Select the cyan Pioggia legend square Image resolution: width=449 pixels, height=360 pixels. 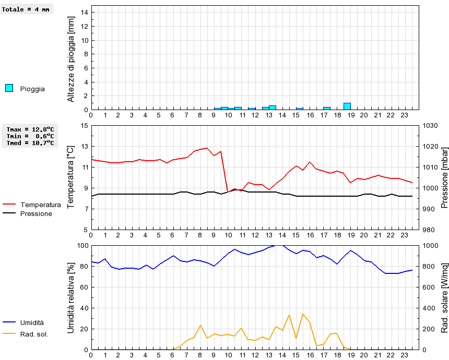[9, 88]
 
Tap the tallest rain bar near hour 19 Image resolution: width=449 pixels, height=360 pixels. [347, 106]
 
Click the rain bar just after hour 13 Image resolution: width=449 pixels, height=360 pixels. [272, 107]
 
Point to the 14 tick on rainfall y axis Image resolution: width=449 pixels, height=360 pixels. [84, 13]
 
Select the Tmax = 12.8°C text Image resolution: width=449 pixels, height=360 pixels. [30, 129]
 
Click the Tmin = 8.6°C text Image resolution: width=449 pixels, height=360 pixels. [30, 136]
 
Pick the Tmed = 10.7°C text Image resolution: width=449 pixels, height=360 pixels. [30, 142]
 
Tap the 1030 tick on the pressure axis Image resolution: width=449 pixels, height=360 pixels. [431, 126]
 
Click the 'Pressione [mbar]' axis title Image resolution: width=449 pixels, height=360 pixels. [445, 177]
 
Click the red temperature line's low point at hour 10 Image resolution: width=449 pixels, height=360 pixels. [228, 192]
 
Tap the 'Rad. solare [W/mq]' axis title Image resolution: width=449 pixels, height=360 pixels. [445, 297]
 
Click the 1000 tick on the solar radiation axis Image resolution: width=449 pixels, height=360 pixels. [431, 246]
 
